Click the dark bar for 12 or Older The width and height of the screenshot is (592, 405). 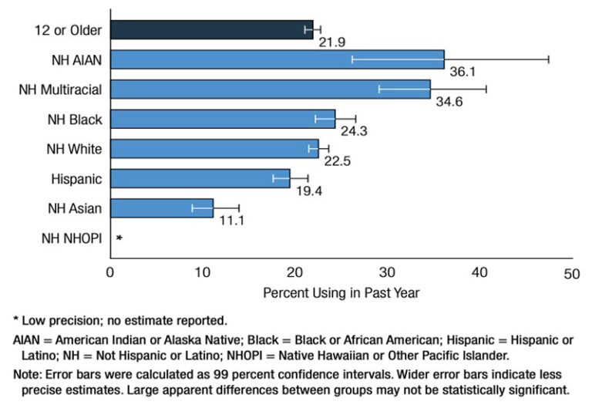point(211,29)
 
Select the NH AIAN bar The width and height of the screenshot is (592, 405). point(277,59)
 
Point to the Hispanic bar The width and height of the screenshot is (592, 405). point(200,178)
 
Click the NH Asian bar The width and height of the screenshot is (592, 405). point(161,208)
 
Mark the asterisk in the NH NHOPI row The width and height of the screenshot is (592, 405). point(119,238)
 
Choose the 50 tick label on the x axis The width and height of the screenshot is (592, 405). point(570,274)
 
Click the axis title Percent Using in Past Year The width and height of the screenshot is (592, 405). point(341,293)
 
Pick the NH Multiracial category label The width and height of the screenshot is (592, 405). point(61,89)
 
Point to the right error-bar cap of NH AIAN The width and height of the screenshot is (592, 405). point(548,59)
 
